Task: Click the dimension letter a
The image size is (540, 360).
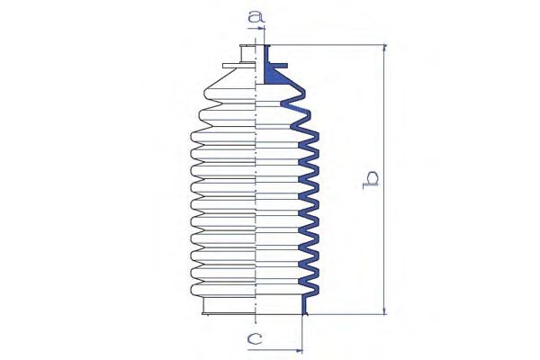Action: pyautogui.click(x=256, y=16)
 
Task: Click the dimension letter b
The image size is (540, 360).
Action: pyautogui.click(x=370, y=180)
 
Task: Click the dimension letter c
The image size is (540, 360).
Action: pyautogui.click(x=255, y=339)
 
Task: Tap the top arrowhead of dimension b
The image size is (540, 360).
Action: pyautogui.click(x=384, y=48)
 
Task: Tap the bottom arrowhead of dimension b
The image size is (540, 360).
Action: pyautogui.click(x=384, y=310)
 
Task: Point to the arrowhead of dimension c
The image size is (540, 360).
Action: pyautogui.click(x=299, y=351)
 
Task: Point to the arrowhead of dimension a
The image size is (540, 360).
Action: pyautogui.click(x=262, y=29)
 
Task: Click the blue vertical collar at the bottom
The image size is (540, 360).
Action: pyautogui.click(x=304, y=305)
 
